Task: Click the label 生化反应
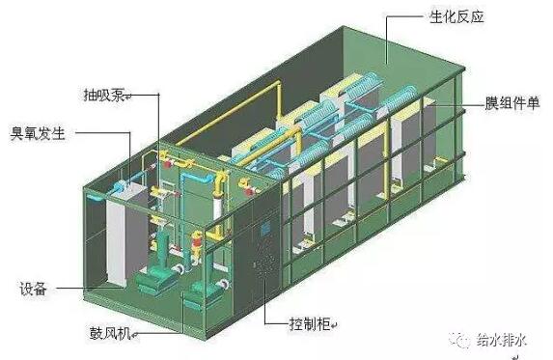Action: pos(456,16)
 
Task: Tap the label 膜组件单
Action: pos(512,103)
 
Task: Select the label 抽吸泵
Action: pos(104,95)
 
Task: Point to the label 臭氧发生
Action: pos(38,133)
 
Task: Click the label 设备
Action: pos(33,289)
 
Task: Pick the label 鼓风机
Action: pos(110,333)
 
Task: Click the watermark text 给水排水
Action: pos(502,340)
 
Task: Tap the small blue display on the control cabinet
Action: pos(264,229)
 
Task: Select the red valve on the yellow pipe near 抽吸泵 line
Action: pos(168,164)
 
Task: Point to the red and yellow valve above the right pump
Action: pos(196,243)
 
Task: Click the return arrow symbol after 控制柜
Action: pos(334,325)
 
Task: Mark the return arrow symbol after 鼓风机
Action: pos(134,335)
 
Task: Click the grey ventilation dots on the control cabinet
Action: pos(263,268)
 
